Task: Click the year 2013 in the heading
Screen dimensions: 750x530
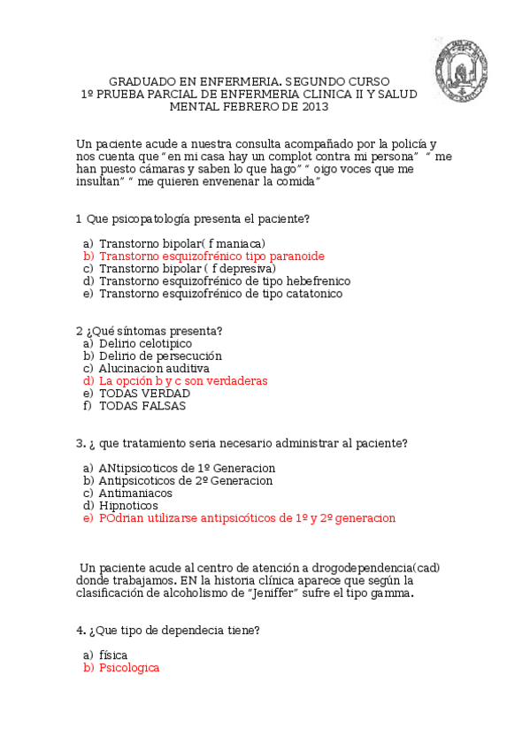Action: click(314, 106)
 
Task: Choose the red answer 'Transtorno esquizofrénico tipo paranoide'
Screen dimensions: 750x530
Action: click(211, 256)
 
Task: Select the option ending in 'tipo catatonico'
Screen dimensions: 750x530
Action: click(220, 293)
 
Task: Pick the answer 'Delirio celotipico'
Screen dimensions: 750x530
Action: click(145, 343)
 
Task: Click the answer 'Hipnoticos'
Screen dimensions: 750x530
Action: click(128, 505)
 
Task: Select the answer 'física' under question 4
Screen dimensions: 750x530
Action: click(113, 654)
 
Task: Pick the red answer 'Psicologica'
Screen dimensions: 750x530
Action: click(129, 668)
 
